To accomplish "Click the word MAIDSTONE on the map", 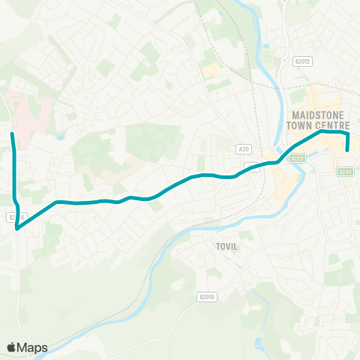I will [313, 114].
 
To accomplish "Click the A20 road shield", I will [243, 149].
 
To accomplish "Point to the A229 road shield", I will [298, 157].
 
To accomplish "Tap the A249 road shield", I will [345, 172].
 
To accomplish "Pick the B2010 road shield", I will [207, 297].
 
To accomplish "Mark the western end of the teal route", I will [12, 133].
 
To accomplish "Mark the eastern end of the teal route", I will [347, 150].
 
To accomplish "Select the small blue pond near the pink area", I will [59, 137].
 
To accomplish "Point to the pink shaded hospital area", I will [30, 112].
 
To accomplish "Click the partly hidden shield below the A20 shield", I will [252, 168].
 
